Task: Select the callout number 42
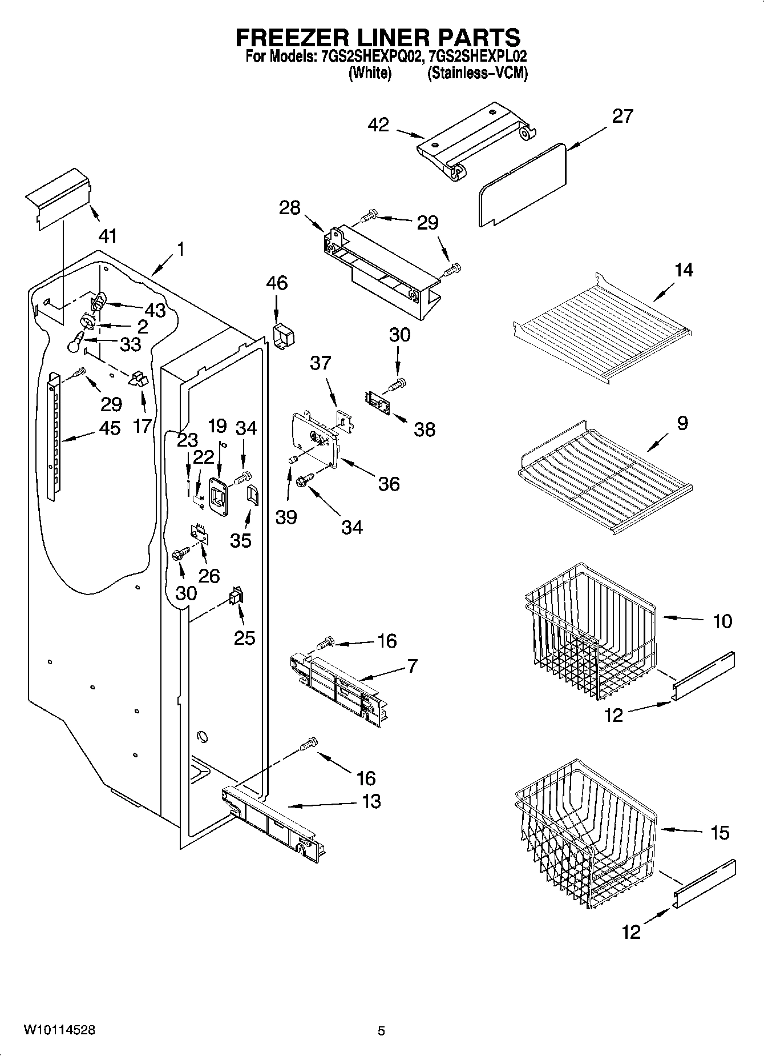point(378,125)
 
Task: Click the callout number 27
point(622,117)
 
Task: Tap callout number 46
point(277,283)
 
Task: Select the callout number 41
point(108,235)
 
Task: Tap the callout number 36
point(389,484)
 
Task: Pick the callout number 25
point(244,637)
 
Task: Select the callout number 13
point(371,801)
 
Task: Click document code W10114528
point(59,1030)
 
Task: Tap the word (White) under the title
point(370,73)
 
